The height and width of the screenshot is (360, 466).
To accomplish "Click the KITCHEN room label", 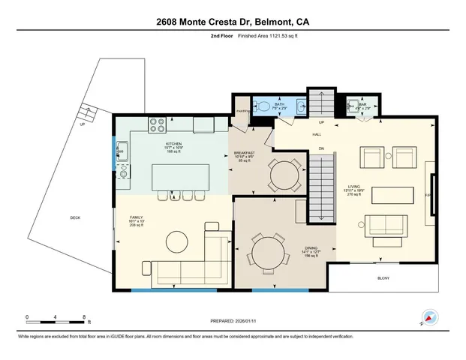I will (173, 143).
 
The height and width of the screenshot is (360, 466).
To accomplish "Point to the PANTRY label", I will (242, 111).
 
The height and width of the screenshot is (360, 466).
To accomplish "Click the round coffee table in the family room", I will (177, 241).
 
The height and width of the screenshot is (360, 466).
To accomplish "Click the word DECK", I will (75, 218).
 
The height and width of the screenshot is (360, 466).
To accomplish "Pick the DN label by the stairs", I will (321, 148).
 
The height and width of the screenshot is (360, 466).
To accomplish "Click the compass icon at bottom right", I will (429, 318).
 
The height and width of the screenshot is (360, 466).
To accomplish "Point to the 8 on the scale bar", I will (84, 316).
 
